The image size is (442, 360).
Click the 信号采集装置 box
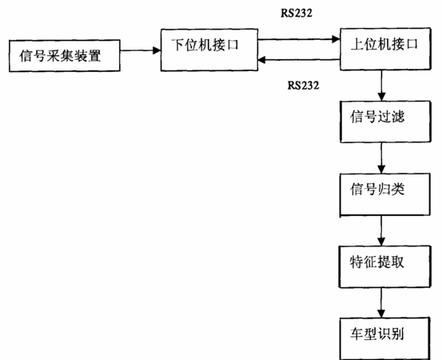tap(65, 55)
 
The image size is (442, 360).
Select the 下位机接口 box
tap(209, 50)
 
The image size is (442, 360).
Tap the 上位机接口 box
tap(385, 49)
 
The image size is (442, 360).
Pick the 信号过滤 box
tap(385, 122)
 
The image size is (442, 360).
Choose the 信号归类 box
tap(384, 194)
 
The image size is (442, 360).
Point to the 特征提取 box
tap(384, 266)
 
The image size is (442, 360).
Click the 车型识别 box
tap(384, 338)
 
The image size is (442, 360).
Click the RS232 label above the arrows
tap(297, 13)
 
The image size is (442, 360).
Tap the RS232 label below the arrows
tap(303, 85)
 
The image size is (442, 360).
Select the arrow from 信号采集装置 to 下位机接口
tap(141, 50)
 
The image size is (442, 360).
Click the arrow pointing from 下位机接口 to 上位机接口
tap(299, 39)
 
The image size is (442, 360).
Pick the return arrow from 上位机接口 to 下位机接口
tap(299, 59)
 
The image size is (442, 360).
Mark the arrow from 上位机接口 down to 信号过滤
tap(381, 86)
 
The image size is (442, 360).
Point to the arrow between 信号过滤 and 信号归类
tap(381, 158)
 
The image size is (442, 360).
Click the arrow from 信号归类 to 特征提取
tap(381, 230)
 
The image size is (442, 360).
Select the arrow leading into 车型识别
tap(381, 302)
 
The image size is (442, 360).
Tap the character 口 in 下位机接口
tap(233, 45)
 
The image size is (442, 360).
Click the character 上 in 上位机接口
tap(356, 44)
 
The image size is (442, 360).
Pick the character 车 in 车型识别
tap(356, 334)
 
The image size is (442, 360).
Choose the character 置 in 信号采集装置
tap(94, 56)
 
